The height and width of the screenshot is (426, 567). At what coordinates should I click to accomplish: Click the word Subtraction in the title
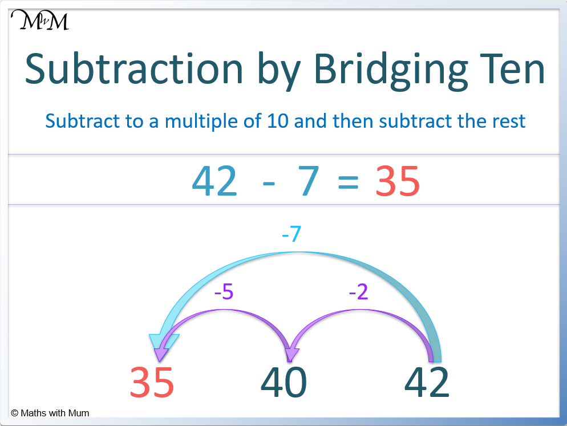click(134, 69)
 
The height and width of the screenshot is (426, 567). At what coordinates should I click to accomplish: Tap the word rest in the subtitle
click(508, 121)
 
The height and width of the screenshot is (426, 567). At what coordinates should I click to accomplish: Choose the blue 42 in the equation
click(214, 182)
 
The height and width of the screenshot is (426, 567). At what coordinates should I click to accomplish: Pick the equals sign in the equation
click(348, 183)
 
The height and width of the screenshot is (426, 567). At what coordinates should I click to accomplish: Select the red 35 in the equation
click(398, 182)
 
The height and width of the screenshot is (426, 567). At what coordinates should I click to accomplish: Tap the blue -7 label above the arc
click(291, 234)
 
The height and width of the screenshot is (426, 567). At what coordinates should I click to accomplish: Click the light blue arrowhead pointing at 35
click(161, 343)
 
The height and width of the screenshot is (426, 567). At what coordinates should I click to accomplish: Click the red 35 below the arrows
click(152, 382)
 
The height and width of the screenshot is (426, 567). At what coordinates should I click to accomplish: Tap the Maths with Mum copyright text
click(50, 413)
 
